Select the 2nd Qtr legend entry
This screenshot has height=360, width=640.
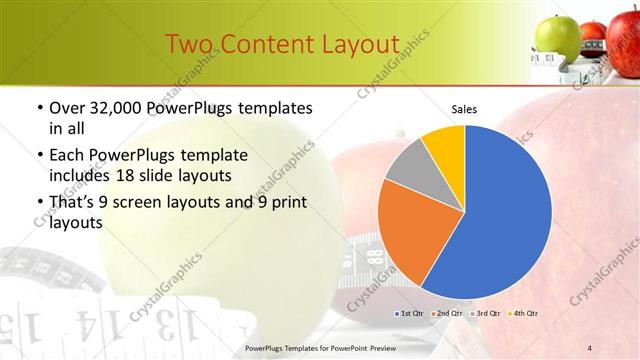click(447, 314)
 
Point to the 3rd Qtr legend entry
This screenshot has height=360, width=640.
click(486, 314)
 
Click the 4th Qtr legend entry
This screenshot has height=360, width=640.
click(525, 314)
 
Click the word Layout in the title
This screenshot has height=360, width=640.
click(357, 45)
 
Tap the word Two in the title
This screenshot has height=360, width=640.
click(189, 45)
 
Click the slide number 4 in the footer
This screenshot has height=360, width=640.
click(589, 348)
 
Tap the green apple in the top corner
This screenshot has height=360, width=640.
click(557, 38)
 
